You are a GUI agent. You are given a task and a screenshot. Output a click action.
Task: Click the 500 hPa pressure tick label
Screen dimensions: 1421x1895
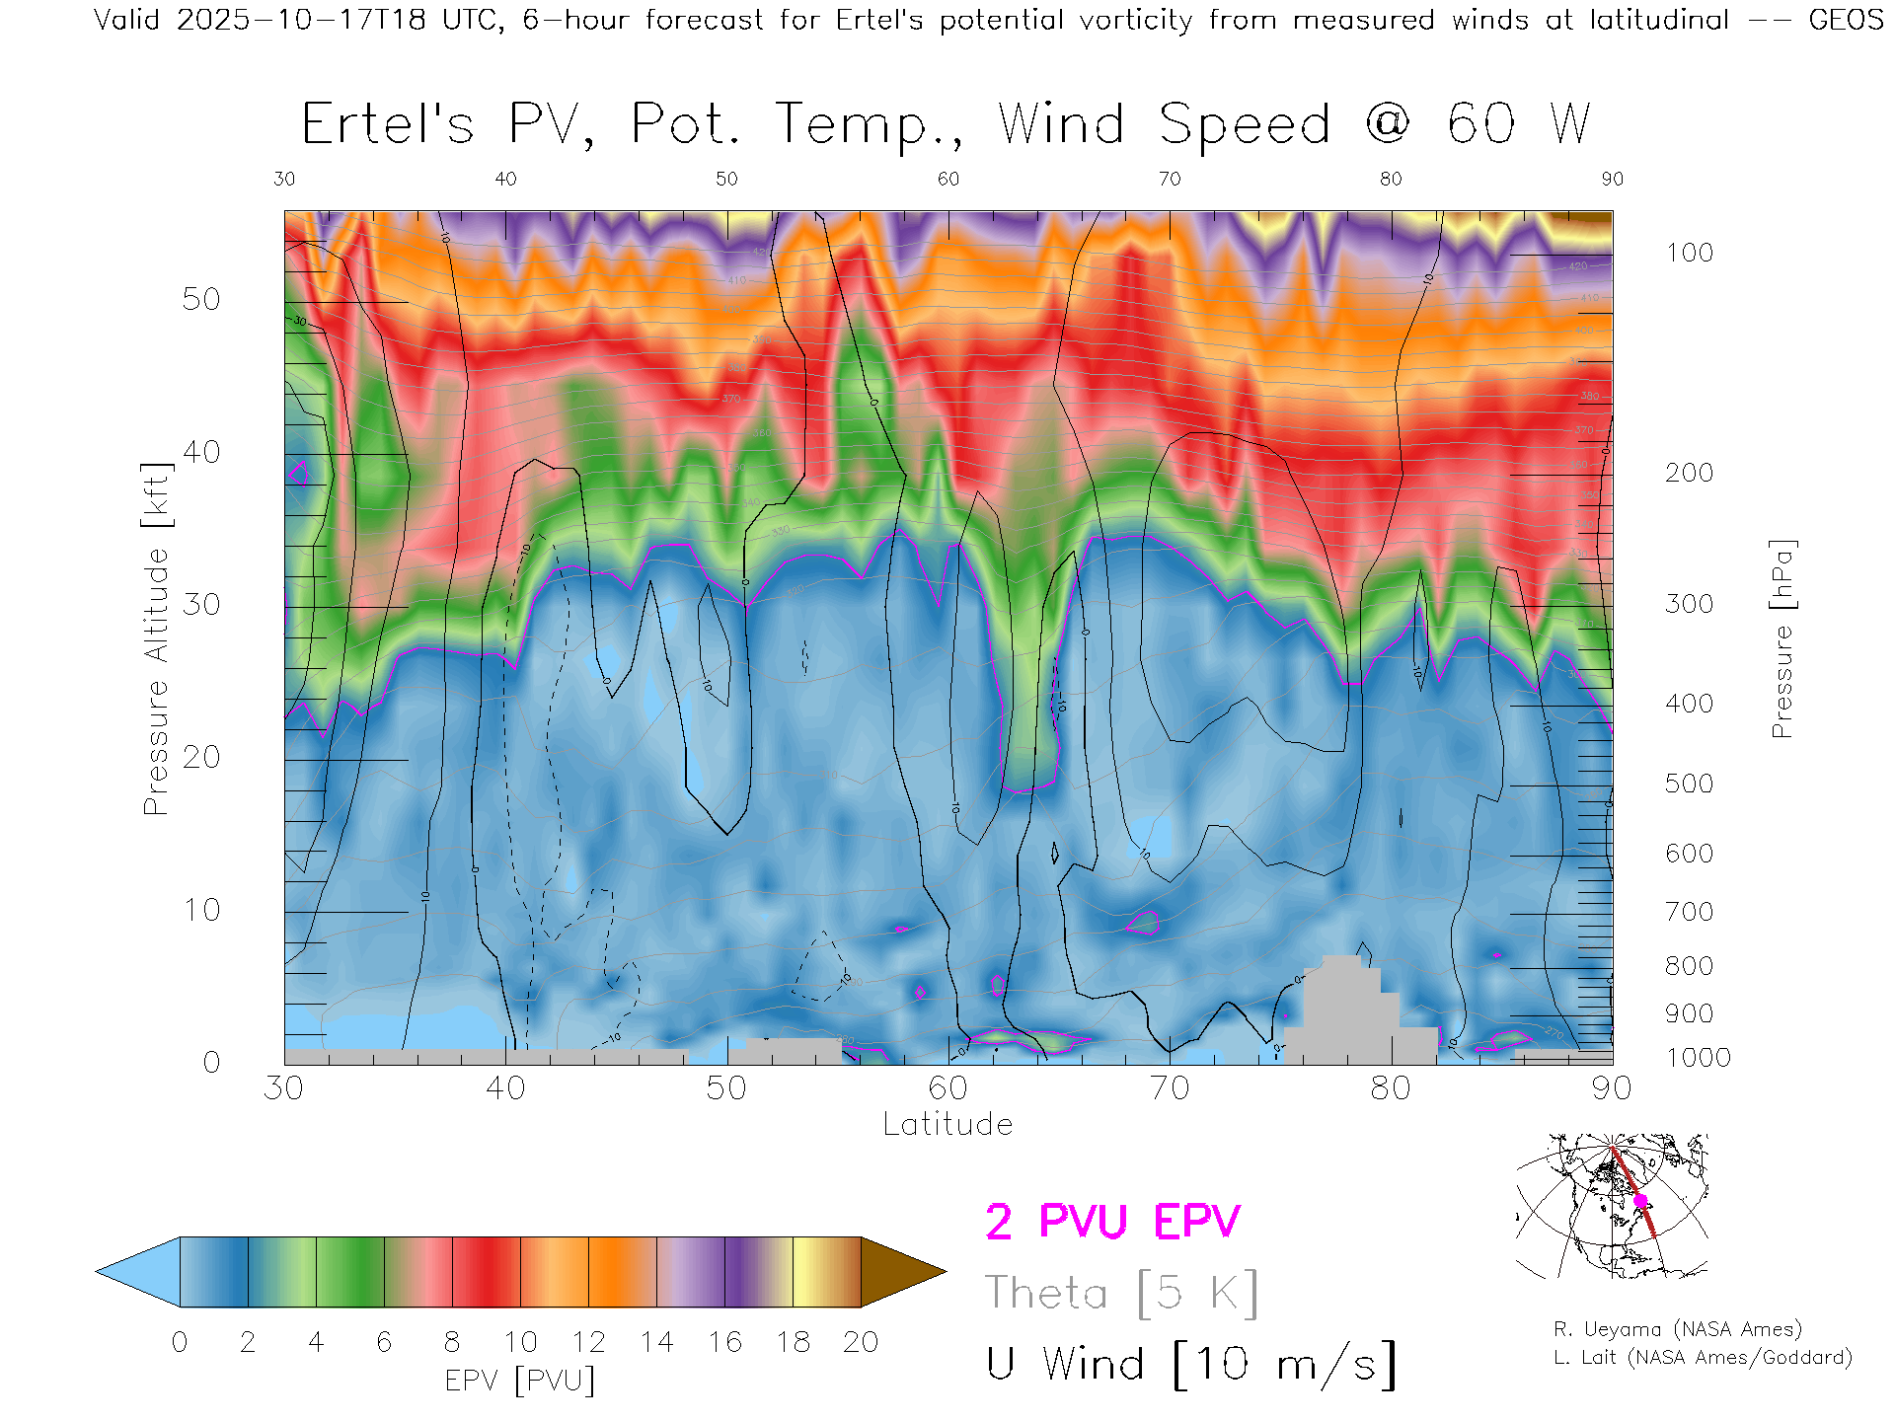[1689, 784]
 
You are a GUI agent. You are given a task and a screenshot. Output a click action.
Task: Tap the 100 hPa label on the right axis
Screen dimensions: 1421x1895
[1689, 253]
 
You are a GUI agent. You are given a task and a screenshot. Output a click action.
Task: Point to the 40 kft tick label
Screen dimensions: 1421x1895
[200, 452]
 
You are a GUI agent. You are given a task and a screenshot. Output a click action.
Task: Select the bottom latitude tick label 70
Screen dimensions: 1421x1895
[1169, 1088]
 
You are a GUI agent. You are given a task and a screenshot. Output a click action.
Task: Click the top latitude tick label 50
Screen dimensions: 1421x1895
[726, 179]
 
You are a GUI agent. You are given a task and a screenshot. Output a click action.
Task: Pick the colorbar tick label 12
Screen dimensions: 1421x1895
[588, 1342]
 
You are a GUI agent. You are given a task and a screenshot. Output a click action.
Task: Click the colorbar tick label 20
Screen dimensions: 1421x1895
[861, 1342]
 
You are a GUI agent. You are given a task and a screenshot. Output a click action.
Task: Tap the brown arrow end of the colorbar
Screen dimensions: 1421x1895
[902, 1272]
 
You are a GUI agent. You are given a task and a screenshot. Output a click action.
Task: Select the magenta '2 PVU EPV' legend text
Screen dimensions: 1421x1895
[1112, 1222]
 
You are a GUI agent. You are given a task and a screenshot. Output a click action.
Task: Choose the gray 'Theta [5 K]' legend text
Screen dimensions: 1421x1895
[1121, 1293]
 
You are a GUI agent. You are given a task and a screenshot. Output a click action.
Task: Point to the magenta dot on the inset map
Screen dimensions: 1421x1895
[1640, 1201]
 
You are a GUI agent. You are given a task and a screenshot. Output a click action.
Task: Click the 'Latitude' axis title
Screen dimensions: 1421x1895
[947, 1125]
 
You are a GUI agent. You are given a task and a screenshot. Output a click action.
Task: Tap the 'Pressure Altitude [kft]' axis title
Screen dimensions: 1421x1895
[156, 638]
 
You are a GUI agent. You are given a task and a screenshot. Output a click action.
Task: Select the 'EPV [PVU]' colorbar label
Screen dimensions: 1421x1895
[520, 1381]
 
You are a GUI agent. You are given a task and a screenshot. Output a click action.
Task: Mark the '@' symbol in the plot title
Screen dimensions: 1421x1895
[1388, 124]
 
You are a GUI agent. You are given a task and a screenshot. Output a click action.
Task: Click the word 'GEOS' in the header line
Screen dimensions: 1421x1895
[1846, 20]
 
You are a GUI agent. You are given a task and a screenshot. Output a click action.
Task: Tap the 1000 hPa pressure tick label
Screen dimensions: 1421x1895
[1698, 1058]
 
